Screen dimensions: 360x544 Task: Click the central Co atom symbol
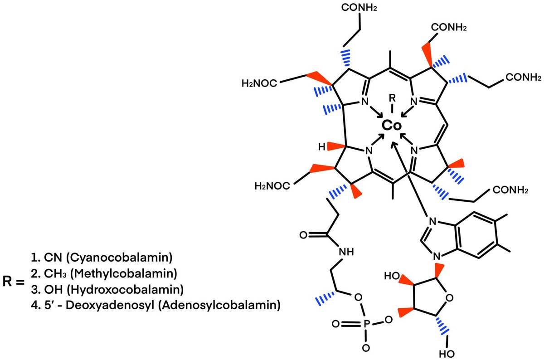point(391,126)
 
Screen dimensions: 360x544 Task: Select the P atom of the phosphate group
point(366,325)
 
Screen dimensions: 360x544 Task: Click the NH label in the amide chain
point(349,252)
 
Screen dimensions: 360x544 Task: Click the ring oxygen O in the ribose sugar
point(449,298)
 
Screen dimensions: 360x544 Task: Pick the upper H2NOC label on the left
point(259,83)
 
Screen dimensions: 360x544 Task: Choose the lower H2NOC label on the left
point(272,185)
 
